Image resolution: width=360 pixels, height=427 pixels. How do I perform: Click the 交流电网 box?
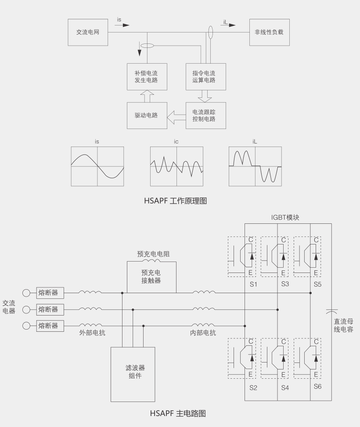point(88,32)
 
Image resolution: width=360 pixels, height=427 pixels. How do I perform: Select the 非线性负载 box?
point(270,32)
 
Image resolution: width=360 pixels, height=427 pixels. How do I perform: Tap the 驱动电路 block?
point(147,115)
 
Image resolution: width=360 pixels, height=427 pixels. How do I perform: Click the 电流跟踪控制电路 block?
point(206,115)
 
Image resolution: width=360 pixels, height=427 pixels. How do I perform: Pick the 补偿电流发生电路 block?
point(147,77)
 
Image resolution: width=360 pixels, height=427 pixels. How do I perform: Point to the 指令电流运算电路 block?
point(206,77)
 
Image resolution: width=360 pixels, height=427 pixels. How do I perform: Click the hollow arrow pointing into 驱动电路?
point(176,117)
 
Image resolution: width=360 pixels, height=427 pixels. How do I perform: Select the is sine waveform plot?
point(97,166)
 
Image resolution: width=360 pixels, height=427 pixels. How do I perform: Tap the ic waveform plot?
point(176,166)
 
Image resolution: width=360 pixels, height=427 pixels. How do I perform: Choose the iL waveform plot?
point(255,166)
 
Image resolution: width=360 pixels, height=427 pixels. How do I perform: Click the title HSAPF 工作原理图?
point(176,201)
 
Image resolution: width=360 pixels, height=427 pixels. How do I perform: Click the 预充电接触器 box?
point(151,277)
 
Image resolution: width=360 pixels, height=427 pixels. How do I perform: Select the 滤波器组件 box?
point(133,374)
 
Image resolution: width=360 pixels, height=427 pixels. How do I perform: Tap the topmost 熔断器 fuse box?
point(50,293)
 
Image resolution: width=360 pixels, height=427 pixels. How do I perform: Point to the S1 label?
point(253,284)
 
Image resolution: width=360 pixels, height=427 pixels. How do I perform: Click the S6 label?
point(317,387)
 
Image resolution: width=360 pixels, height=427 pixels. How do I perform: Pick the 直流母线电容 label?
point(343,326)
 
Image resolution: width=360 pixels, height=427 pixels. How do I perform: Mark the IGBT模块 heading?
point(285,218)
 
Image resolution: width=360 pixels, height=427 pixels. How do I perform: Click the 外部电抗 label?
point(92,333)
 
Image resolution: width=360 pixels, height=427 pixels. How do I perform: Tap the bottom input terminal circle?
point(26,326)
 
